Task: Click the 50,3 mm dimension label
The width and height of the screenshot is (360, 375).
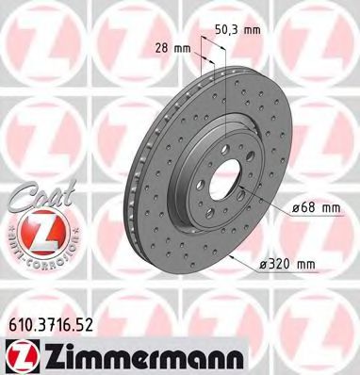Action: point(237,29)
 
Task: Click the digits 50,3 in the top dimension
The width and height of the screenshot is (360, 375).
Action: point(229,29)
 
